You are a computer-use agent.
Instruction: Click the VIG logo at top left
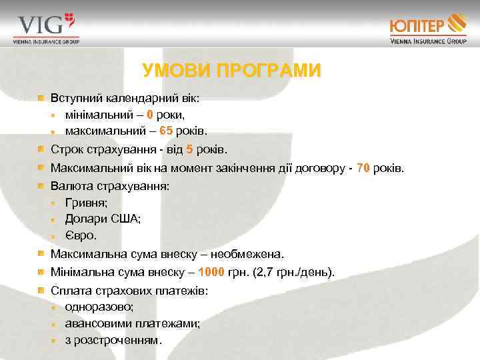click(46, 28)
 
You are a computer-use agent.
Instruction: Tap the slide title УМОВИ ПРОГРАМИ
click(232, 71)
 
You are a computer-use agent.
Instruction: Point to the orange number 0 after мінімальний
click(151, 114)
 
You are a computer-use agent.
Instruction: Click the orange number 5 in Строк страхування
click(189, 149)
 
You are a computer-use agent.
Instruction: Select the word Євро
click(81, 235)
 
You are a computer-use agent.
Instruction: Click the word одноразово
click(99, 307)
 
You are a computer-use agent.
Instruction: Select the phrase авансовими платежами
click(133, 323)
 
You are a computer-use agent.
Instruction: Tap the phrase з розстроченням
click(113, 340)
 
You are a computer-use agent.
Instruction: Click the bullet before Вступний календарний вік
click(41, 98)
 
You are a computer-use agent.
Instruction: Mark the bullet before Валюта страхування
click(41, 186)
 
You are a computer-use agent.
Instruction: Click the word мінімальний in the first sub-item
click(99, 114)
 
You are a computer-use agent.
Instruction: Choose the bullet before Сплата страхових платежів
click(41, 290)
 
